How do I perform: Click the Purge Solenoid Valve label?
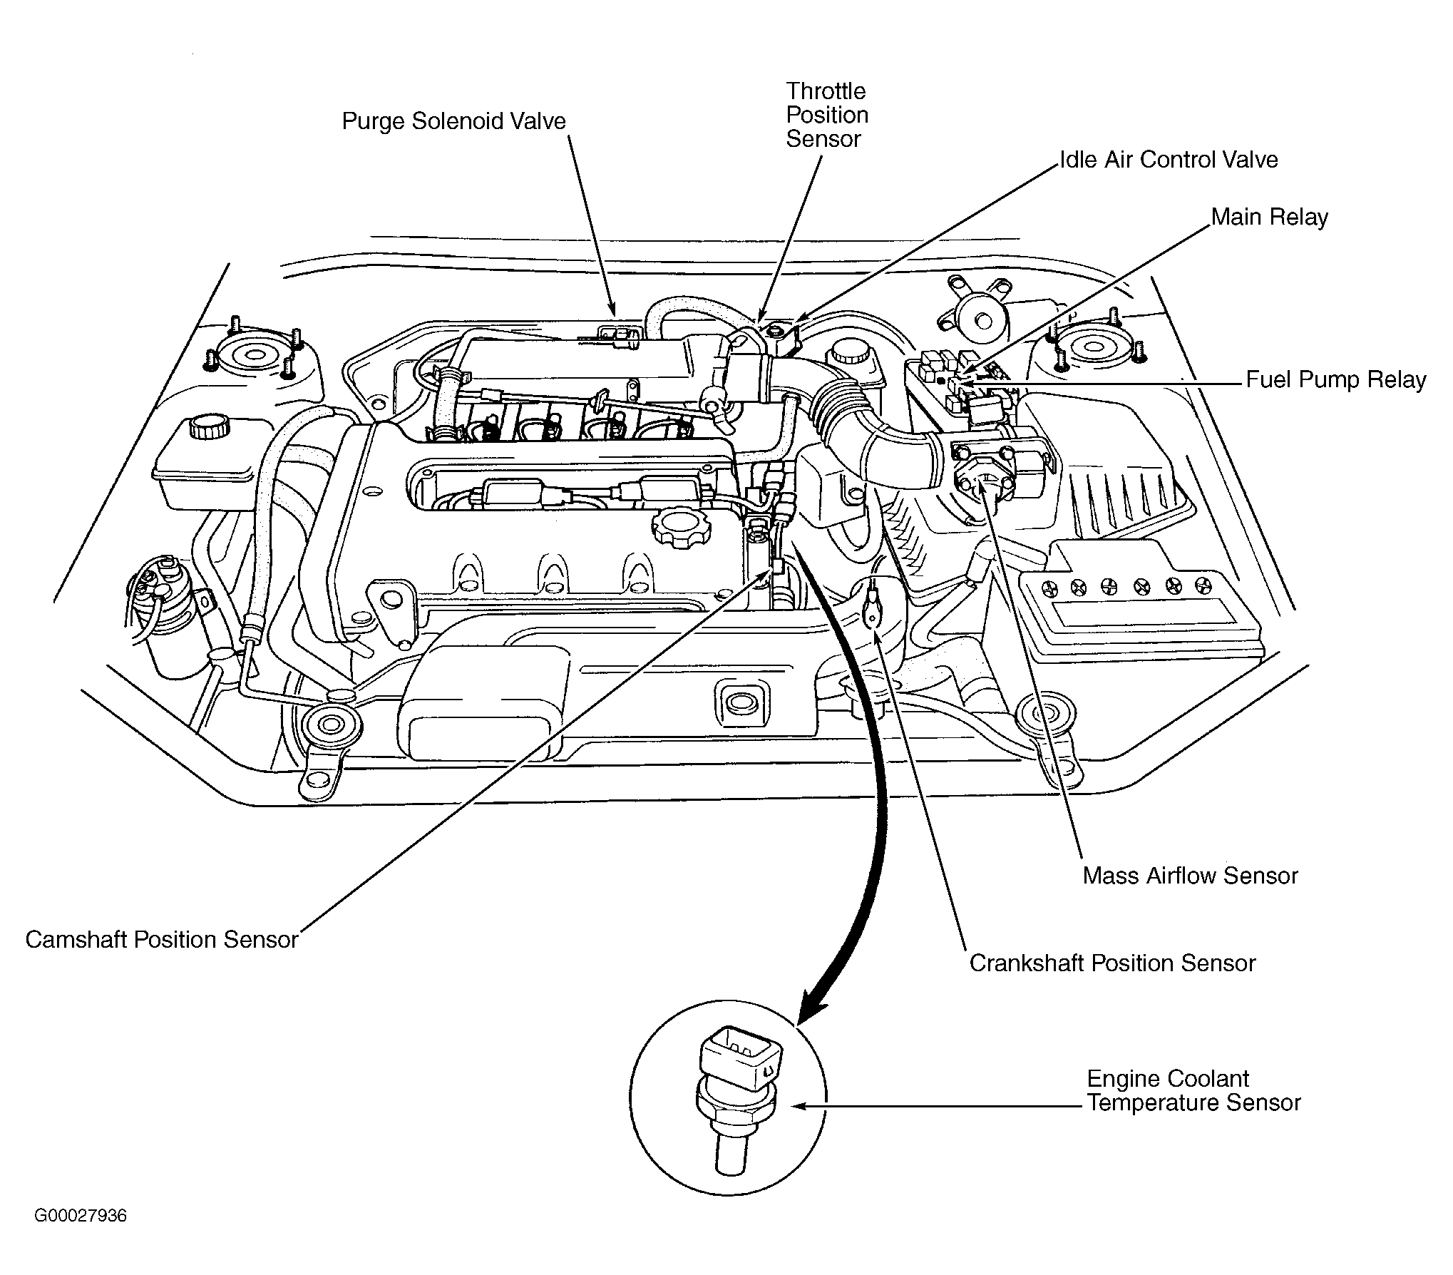point(453,122)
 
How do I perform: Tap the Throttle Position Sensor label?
point(827,115)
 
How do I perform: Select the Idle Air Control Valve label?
point(1169,160)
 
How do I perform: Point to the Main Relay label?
point(1270,217)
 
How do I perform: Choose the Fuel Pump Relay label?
point(1335,379)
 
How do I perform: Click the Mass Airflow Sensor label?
point(1190,876)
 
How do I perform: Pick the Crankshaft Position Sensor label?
point(1112,963)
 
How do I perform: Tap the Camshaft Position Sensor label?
point(162,939)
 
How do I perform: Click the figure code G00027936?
point(81,1216)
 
